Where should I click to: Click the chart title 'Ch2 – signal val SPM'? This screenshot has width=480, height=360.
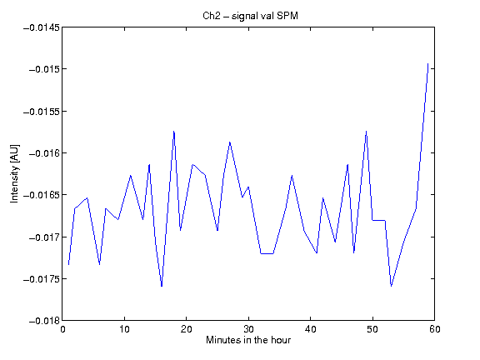[x=250, y=16]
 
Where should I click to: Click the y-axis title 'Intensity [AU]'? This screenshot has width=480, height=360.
[x=14, y=173]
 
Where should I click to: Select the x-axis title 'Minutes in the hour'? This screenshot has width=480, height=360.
[x=248, y=340]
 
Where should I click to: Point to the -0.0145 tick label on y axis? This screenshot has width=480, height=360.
[x=42, y=27]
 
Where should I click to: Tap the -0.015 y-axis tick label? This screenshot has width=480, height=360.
[x=44, y=69]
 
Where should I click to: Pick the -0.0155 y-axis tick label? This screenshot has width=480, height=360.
[x=42, y=112]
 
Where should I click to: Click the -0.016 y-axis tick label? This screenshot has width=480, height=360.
[x=44, y=153]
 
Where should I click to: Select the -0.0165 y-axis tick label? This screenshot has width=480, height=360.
[x=42, y=195]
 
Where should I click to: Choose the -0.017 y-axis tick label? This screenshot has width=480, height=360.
[x=44, y=237]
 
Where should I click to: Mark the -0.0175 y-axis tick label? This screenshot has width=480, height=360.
[x=42, y=279]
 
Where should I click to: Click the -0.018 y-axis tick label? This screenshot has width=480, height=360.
[x=44, y=321]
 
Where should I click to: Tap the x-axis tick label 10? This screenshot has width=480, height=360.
[x=124, y=329]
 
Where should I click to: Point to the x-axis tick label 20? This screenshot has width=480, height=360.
[x=186, y=329]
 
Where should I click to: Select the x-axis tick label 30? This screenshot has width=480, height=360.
[x=248, y=329]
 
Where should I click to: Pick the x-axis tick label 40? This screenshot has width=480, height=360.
[x=310, y=329]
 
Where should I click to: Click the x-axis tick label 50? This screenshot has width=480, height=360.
[x=372, y=329]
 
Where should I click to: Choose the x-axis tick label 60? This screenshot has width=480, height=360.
[x=435, y=329]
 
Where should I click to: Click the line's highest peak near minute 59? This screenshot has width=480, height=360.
[x=427, y=64]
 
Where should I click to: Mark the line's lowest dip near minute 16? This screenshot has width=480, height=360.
[x=162, y=286]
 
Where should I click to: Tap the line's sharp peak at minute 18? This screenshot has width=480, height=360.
[x=174, y=132]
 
